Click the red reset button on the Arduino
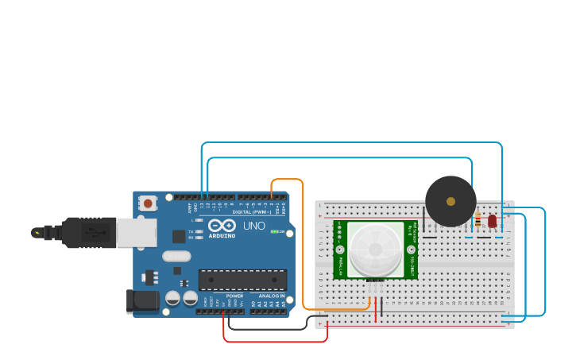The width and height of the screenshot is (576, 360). coord(148,203)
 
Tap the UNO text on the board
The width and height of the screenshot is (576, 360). coord(253,226)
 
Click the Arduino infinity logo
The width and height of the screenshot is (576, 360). coord(222,226)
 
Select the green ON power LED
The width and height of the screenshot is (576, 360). coord(274,231)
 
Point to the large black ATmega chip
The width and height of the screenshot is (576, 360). coord(242,280)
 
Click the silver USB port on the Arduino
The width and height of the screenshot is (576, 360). coord(136,233)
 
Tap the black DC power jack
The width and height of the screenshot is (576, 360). coord(142,300)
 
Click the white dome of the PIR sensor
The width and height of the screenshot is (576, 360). coord(375,249)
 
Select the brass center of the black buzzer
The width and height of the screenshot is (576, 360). coord(450,201)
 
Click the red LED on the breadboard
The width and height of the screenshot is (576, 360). coord(492,220)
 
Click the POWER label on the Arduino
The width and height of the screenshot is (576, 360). coord(234,296)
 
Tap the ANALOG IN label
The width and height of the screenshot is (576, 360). coord(271,296)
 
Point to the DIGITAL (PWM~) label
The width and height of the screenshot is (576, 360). coord(249,211)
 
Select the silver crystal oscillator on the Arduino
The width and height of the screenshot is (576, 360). coord(176,256)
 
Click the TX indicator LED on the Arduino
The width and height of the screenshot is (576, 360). coord(198,225)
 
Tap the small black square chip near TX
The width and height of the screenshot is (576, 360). coord(179,236)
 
